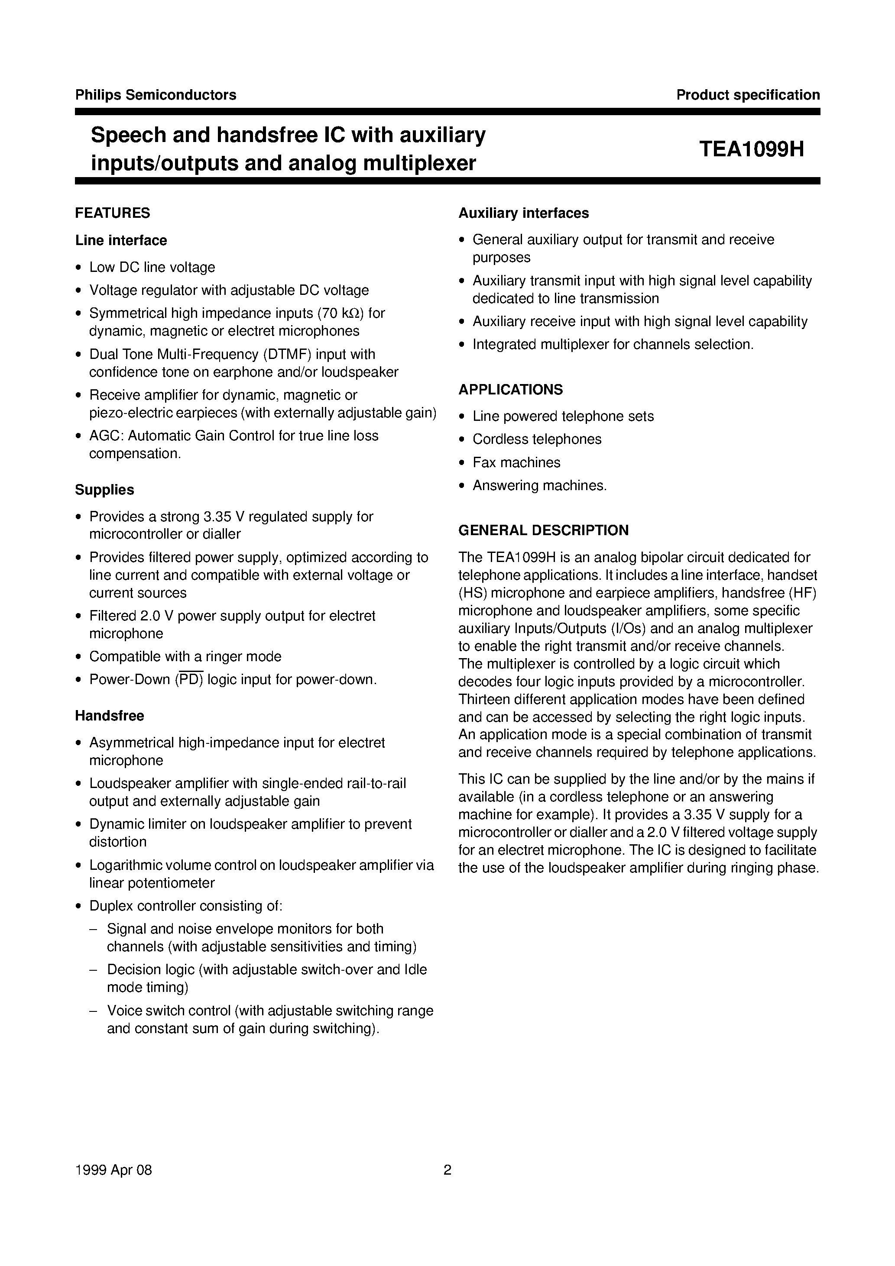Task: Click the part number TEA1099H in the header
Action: tap(751, 149)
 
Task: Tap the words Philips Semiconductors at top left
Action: tap(155, 95)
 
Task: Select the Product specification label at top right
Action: tap(748, 95)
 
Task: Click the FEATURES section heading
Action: tap(113, 213)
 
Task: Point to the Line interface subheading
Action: tap(121, 240)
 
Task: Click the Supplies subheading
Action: tap(104, 490)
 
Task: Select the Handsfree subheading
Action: tap(109, 716)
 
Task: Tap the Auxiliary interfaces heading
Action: tap(523, 213)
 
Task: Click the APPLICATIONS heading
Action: tap(510, 389)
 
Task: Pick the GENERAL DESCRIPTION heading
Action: tap(543, 530)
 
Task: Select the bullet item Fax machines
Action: tap(516, 462)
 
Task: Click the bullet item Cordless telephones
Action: tap(536, 439)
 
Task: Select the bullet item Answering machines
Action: tap(539, 485)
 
